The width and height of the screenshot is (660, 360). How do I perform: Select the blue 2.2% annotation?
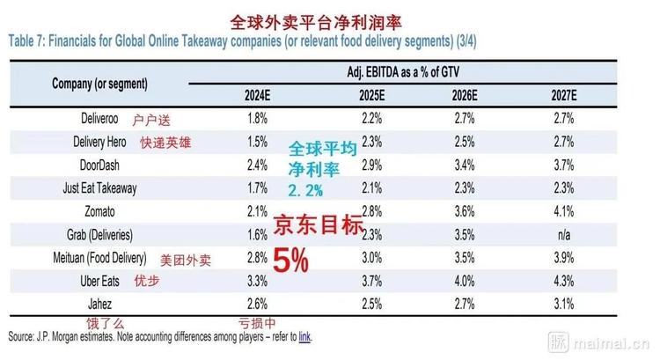pos(304,190)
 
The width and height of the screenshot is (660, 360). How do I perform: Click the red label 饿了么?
pos(104,322)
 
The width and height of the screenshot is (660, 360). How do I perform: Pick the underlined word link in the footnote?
pos(304,336)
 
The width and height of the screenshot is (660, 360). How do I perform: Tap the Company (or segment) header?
pos(99,83)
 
